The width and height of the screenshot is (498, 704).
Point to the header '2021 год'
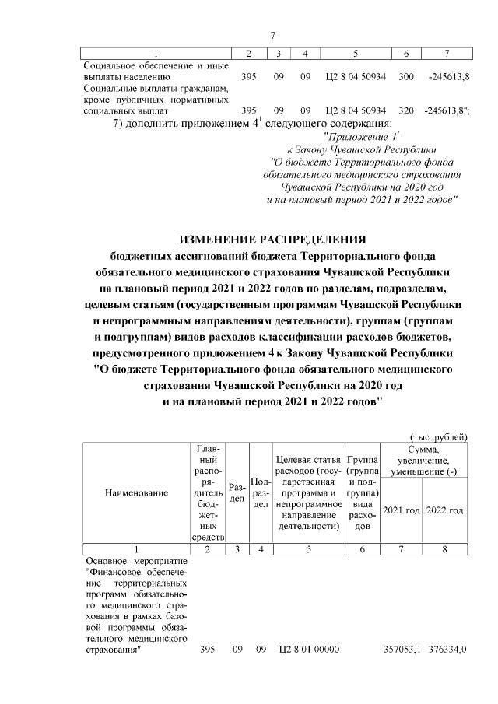click(x=404, y=510)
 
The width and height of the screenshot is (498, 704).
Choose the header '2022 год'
click(x=446, y=510)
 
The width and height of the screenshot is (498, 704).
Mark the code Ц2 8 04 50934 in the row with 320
click(x=355, y=110)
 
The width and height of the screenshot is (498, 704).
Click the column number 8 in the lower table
click(x=445, y=548)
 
